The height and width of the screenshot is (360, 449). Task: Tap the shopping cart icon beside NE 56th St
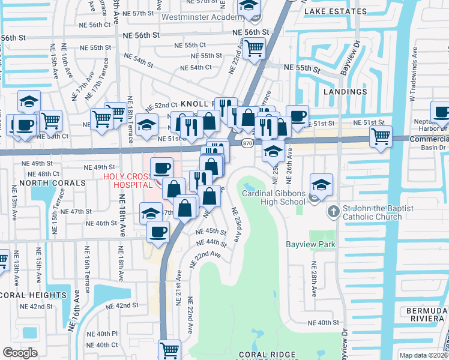(x=255, y=47)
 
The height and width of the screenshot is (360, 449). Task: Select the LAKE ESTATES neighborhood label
(x=335, y=11)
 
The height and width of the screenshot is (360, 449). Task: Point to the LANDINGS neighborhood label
(x=345, y=92)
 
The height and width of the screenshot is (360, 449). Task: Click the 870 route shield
(x=247, y=143)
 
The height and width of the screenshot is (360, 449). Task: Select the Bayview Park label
(x=310, y=244)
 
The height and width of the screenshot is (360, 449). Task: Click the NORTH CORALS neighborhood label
(x=44, y=182)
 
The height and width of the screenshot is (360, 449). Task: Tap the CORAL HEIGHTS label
(x=33, y=295)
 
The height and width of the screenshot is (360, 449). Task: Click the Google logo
(x=20, y=353)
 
